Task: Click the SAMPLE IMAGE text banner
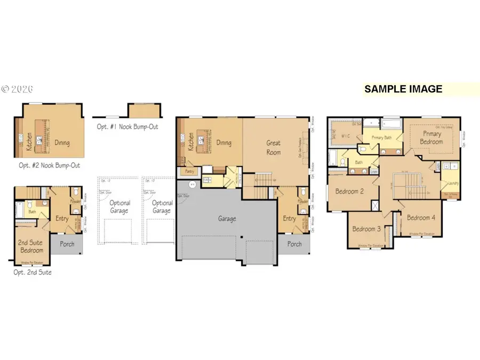click(403, 89)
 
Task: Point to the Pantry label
click(189, 172)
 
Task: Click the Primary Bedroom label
click(432, 138)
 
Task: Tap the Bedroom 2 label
click(349, 191)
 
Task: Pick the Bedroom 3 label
click(366, 229)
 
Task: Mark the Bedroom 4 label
click(421, 218)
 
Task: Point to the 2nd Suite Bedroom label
click(31, 246)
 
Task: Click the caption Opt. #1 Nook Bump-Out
click(127, 127)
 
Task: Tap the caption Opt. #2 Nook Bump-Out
click(49, 165)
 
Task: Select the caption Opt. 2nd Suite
click(33, 272)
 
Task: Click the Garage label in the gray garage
click(227, 219)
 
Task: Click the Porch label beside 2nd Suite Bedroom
click(67, 245)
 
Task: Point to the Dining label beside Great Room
click(224, 143)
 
